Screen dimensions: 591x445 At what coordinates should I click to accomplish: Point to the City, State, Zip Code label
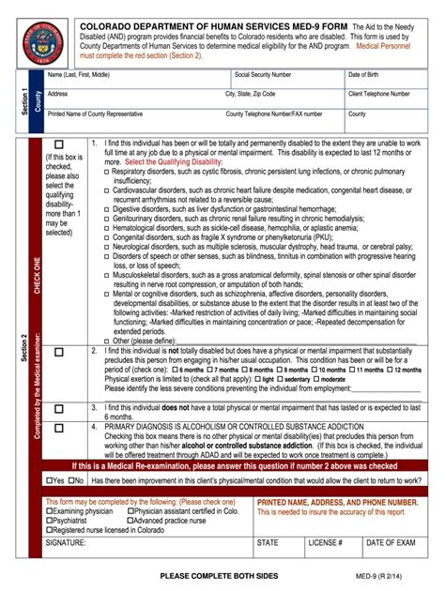coord(250,95)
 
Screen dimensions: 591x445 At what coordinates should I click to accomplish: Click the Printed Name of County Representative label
coord(102,114)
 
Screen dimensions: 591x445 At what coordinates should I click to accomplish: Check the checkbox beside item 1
coord(58,145)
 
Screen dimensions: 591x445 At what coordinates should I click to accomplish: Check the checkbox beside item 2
coord(58,353)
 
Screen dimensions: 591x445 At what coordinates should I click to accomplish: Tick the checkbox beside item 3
coord(58,409)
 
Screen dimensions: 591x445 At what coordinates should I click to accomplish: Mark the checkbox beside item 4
coord(58,428)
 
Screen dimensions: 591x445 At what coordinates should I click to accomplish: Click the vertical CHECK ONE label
coord(38,272)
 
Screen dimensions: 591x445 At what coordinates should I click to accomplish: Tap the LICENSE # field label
coord(326,542)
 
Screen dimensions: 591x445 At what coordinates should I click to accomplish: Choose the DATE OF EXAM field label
coord(391,542)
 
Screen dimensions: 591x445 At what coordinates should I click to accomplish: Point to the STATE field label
coord(268,542)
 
